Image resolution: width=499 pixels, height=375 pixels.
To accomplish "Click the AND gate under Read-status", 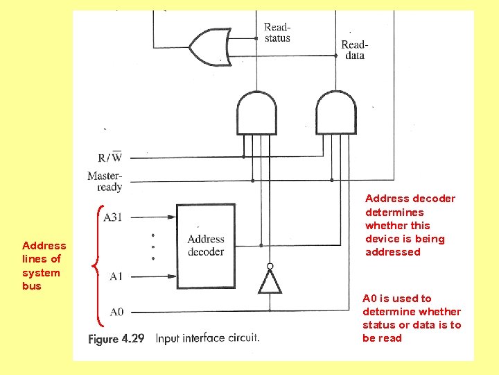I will [x=256, y=112].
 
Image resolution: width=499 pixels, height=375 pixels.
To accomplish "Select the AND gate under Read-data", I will [x=335, y=112].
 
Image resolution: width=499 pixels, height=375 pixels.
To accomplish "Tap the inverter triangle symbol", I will [x=270, y=281].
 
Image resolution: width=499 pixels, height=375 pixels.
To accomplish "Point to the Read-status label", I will [x=277, y=33].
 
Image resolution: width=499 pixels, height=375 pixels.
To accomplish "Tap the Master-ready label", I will [x=105, y=181].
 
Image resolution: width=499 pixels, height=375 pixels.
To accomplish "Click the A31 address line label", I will [x=112, y=217].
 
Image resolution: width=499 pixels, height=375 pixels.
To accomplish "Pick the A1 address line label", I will [x=116, y=276].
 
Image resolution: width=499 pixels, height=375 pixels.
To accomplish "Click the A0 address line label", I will [x=116, y=312].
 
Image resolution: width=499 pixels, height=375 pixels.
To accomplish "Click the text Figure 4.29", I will [x=116, y=339].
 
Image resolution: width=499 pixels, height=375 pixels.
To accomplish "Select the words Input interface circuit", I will [x=207, y=338].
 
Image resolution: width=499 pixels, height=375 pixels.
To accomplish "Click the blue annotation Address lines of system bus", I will [x=44, y=265].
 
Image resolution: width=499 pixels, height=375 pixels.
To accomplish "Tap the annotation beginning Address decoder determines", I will [x=410, y=225].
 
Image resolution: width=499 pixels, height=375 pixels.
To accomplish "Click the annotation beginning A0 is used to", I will [x=411, y=318].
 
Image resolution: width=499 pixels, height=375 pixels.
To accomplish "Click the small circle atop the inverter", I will [x=270, y=266].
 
